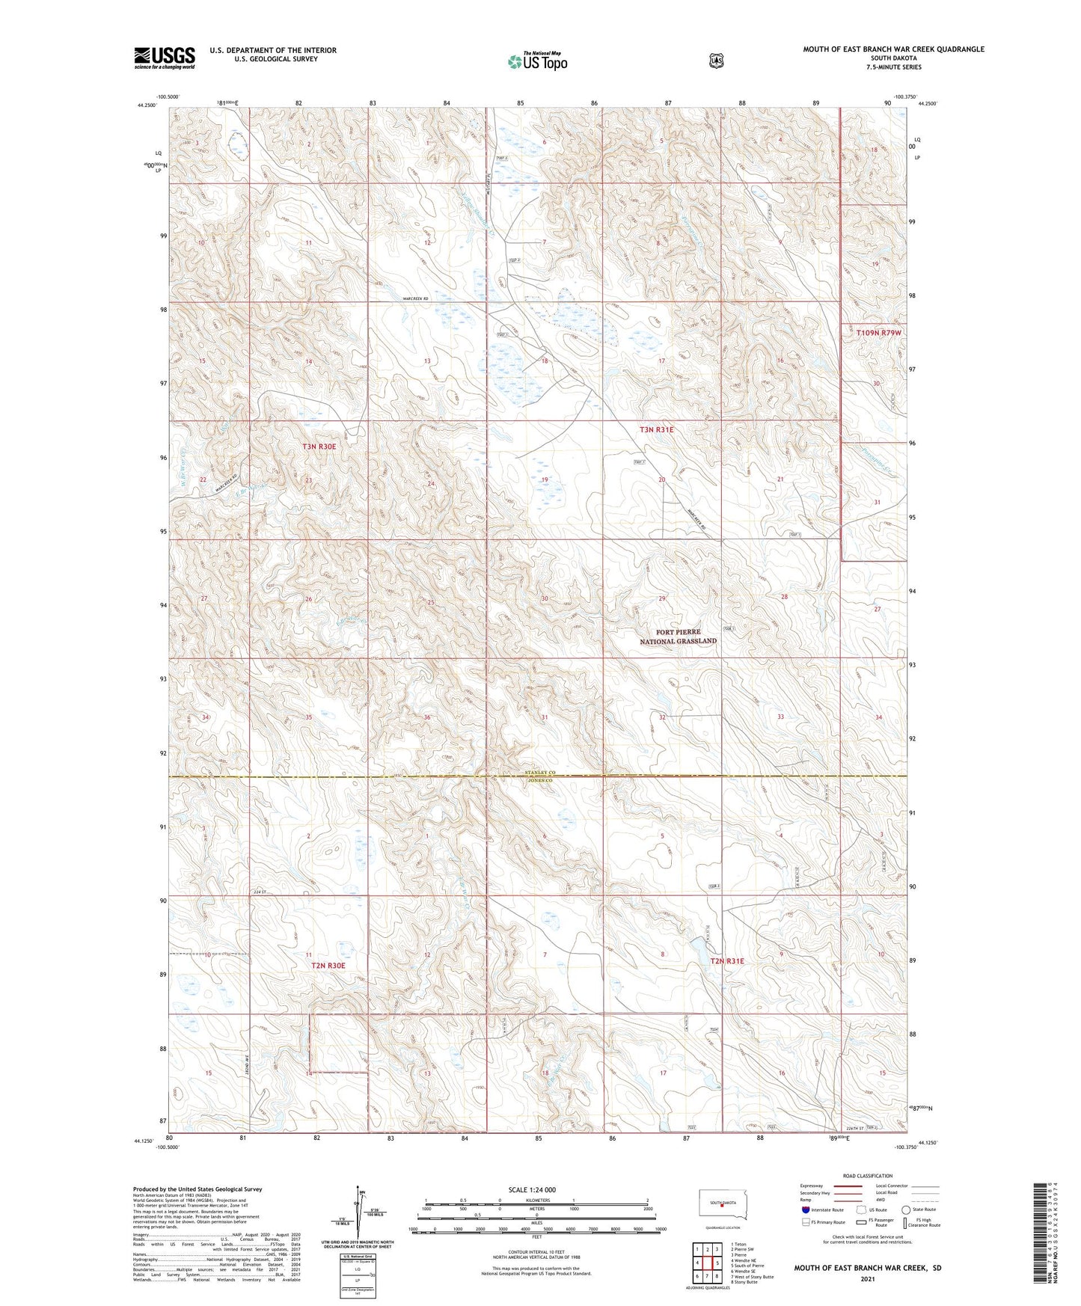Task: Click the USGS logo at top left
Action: click(165, 58)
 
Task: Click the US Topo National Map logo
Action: click(537, 61)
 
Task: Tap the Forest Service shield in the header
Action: click(717, 61)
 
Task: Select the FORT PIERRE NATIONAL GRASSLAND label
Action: click(678, 637)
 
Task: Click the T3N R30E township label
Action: click(319, 447)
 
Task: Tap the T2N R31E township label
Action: click(727, 961)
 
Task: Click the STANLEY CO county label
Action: click(538, 772)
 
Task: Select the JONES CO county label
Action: click(538, 780)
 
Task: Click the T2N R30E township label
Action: click(328, 966)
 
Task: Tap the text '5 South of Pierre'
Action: click(749, 1266)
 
